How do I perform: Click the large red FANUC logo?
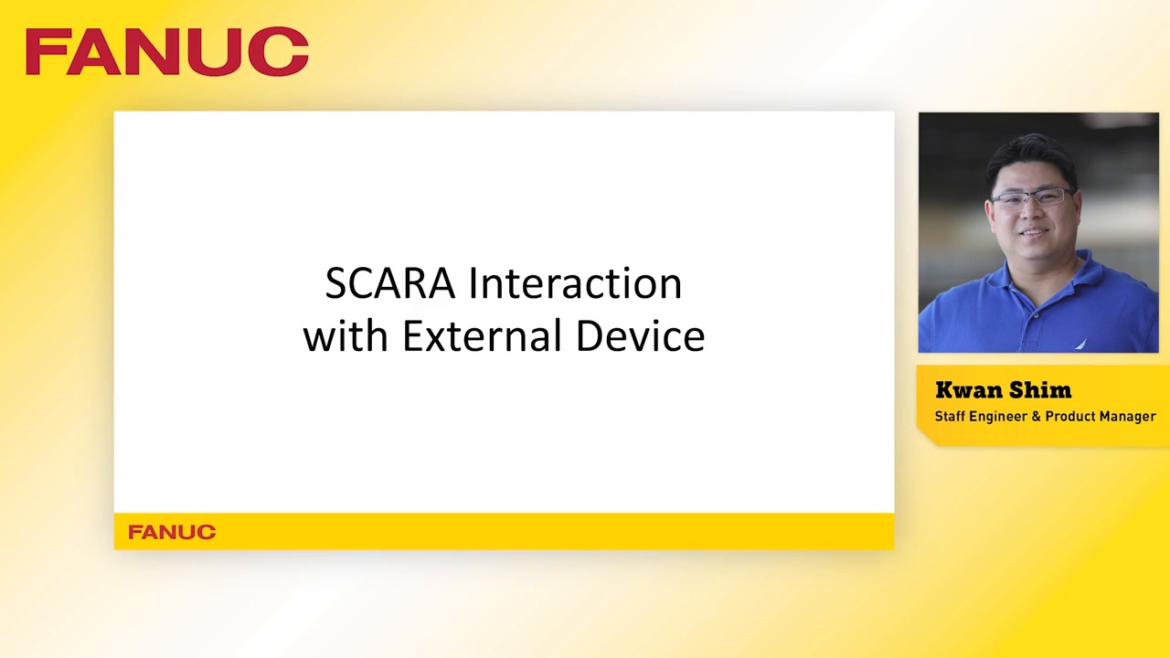167,52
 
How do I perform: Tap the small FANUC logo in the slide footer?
172,532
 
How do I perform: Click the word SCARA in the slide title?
389,284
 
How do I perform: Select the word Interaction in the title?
575,284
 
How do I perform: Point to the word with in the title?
346,336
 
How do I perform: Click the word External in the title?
482,336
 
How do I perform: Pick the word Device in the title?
640,336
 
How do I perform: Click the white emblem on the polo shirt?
1080,345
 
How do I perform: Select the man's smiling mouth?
1031,233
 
